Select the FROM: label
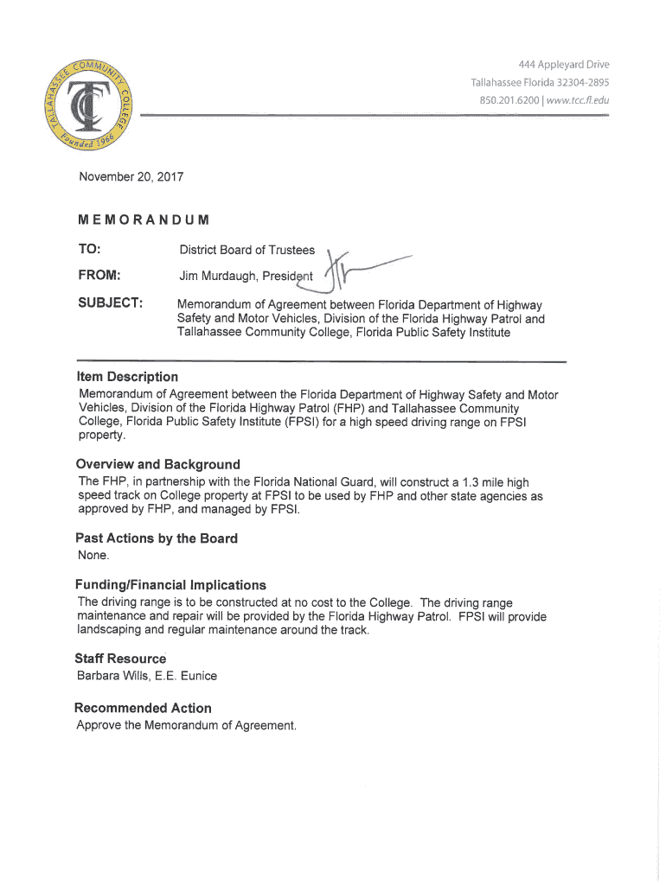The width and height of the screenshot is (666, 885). (99, 276)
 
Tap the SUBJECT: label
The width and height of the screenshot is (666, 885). (110, 304)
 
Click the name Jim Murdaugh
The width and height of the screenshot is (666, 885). (215, 277)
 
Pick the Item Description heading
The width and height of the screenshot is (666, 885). (127, 377)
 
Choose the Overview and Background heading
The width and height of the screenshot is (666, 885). (158, 464)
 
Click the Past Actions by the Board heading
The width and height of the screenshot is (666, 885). (157, 538)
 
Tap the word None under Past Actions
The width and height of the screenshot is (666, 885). (93, 555)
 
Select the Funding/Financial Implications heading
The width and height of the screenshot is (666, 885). (171, 585)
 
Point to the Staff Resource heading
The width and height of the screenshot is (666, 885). (121, 659)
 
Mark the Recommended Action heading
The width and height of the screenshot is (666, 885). (143, 708)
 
